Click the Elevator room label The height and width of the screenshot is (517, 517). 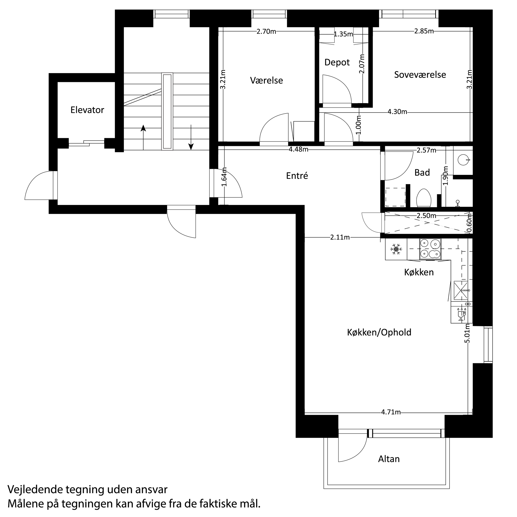(x=87, y=110)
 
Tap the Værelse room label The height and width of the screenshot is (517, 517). (x=266, y=80)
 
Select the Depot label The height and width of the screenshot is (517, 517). (x=337, y=62)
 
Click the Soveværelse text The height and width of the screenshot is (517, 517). (x=420, y=75)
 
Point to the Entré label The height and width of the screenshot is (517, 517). (x=297, y=176)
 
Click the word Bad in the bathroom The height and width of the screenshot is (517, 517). (x=422, y=172)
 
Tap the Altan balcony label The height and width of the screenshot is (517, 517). (x=389, y=459)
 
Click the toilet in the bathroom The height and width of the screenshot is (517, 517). (x=424, y=198)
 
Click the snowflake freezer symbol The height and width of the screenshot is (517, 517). (x=396, y=249)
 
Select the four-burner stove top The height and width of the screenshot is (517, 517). (x=430, y=249)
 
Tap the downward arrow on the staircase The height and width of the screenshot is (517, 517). (x=191, y=137)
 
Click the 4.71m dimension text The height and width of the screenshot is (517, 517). (x=391, y=412)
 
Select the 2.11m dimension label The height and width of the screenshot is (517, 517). (x=340, y=237)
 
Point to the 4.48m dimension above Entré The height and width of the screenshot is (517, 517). (x=298, y=149)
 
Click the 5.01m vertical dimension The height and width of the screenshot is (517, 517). (x=467, y=333)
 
